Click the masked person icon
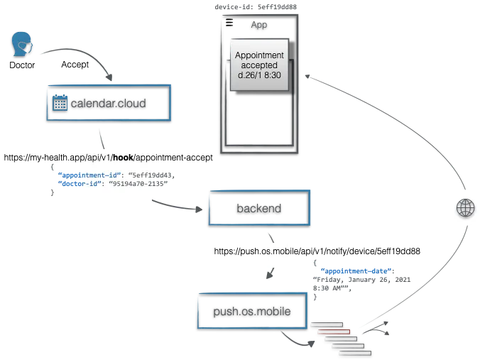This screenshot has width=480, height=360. pos(22,43)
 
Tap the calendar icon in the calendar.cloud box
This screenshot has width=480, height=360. pos(60,104)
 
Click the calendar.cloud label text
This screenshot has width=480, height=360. pos(108,104)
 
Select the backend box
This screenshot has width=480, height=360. pos(258,208)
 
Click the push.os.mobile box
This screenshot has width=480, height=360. pos(254,310)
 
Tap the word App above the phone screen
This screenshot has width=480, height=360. pos(258,25)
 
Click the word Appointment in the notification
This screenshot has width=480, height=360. pos(259,55)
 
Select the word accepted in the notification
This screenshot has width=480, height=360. pos(259,66)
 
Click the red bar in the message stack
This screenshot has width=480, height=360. pos(334,332)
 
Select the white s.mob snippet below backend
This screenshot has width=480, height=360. pos(279,251)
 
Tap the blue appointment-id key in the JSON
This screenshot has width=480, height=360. pos(89,173)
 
